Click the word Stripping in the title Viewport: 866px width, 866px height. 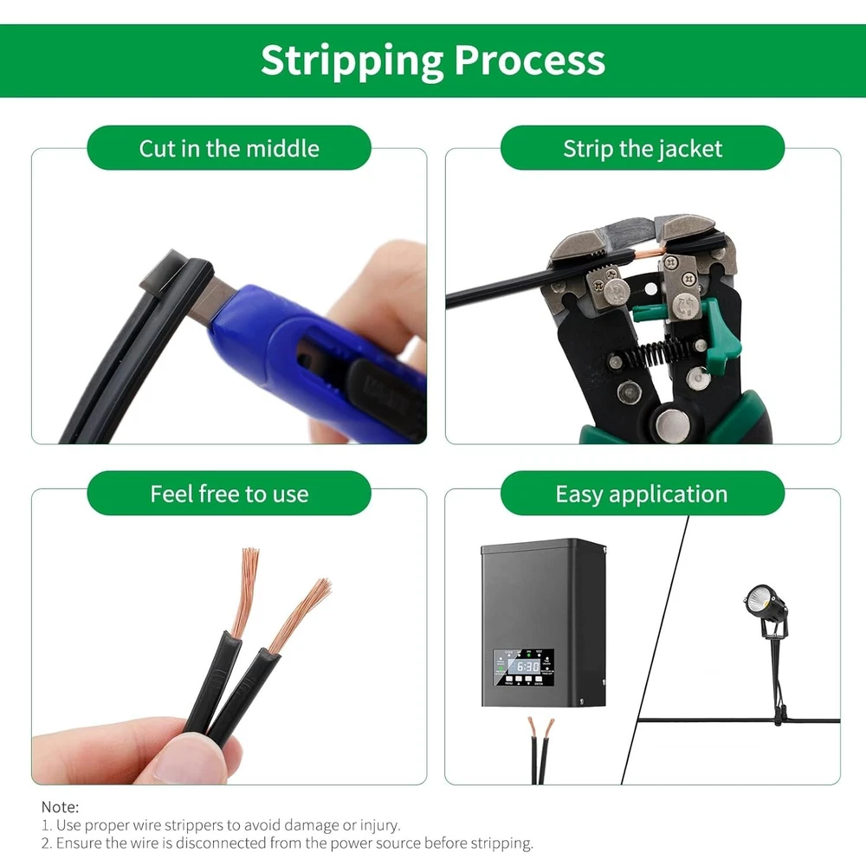352,61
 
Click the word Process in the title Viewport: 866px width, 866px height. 530,60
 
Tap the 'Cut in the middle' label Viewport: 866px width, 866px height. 229,148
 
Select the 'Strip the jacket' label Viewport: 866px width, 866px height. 643,148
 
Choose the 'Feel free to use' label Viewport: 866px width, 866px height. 229,494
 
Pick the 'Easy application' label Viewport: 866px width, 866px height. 643,494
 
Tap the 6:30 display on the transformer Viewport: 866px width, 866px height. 527,667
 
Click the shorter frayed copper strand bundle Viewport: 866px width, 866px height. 302,614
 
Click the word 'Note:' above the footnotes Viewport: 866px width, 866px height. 61,807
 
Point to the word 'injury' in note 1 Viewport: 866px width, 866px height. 379,825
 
